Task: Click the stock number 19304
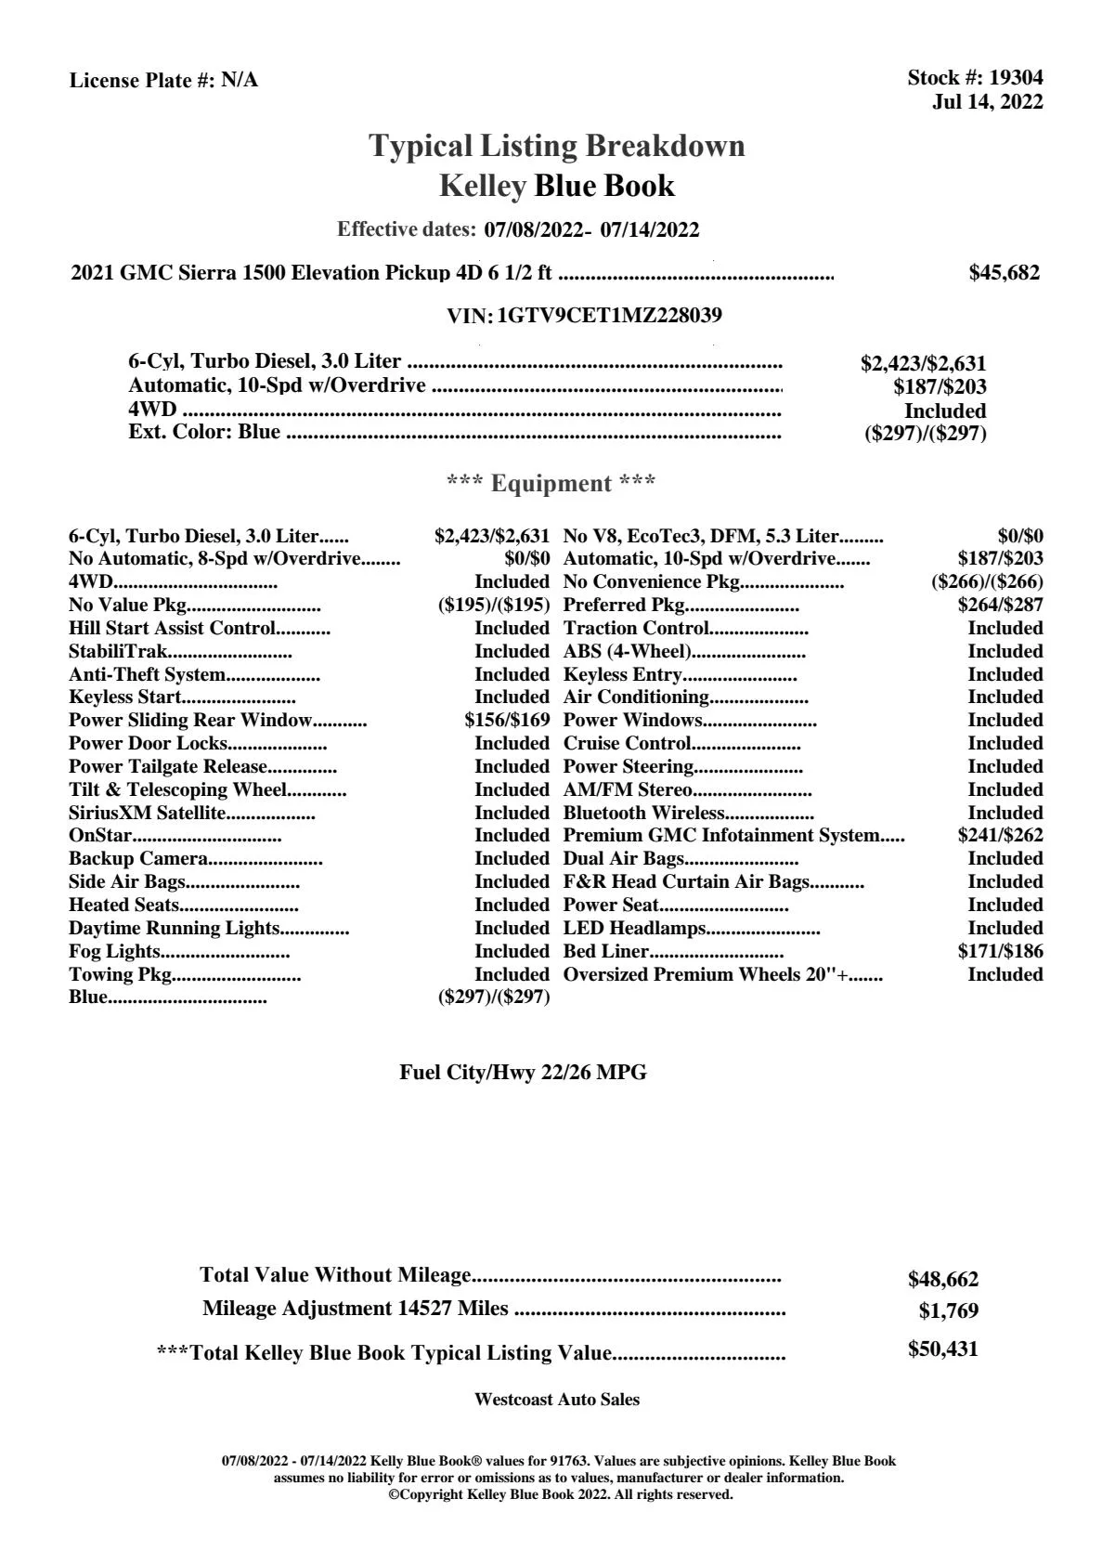[1016, 78]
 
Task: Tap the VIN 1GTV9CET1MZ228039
[609, 316]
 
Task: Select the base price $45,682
[1004, 273]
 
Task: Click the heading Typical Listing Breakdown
[557, 146]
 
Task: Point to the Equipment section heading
[551, 484]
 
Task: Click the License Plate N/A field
[163, 81]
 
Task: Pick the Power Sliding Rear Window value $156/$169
[507, 721]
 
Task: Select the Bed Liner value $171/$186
[1000, 952]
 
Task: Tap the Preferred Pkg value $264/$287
[1000, 606]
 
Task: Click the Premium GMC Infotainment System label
[721, 836]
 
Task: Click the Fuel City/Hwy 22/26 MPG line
[523, 1073]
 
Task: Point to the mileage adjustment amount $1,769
[948, 1311]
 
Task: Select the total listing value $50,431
[942, 1349]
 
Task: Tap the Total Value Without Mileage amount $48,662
[942, 1280]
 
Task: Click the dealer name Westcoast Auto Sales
[557, 1400]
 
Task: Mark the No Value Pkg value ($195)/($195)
[494, 606]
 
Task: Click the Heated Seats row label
[124, 906]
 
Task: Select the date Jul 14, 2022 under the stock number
[987, 102]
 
